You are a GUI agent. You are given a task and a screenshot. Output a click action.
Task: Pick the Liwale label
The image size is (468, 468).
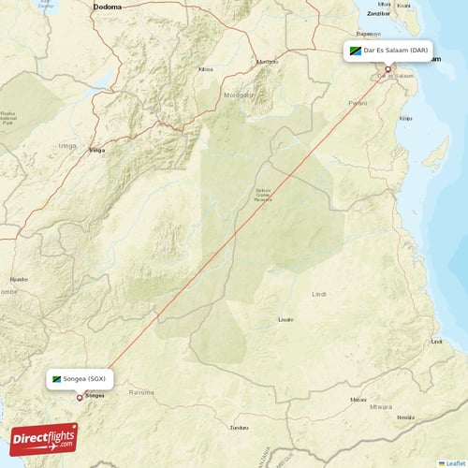pyautogui.click(x=285, y=319)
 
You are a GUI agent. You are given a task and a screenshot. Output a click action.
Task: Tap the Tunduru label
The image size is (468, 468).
pyautogui.click(x=241, y=428)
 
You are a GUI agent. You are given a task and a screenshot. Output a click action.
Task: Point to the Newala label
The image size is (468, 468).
pyautogui.click(x=405, y=417)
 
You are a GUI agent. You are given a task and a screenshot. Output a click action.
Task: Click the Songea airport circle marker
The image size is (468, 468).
pyautogui.click(x=80, y=397)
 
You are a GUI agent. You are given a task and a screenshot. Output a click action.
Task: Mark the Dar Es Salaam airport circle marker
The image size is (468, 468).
pyautogui.click(x=388, y=68)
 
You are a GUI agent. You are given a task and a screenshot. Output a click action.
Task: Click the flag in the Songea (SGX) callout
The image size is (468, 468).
pyautogui.click(x=57, y=379)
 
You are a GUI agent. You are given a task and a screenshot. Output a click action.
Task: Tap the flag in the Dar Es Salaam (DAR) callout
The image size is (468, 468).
pyautogui.click(x=356, y=51)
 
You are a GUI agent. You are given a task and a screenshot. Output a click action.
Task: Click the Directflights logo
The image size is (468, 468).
pyautogui.click(x=44, y=438)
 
